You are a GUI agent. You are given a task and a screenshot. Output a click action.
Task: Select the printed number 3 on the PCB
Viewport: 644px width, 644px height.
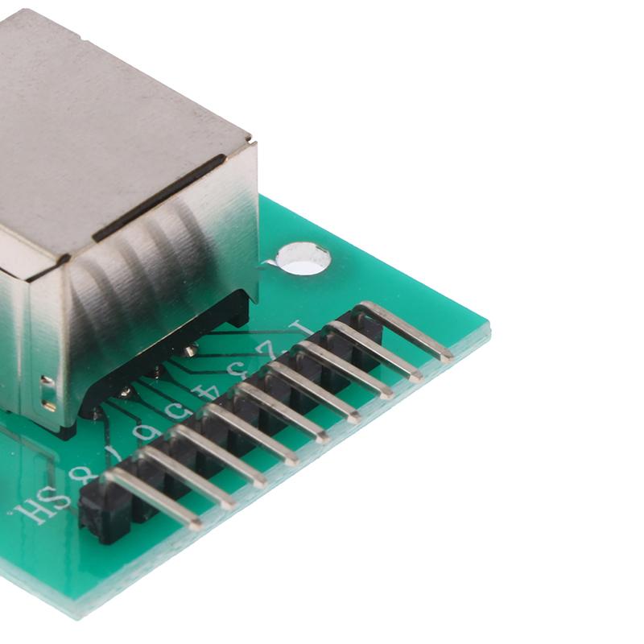coord(237,370)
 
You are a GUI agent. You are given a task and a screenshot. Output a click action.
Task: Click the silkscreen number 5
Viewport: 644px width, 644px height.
coord(174,412)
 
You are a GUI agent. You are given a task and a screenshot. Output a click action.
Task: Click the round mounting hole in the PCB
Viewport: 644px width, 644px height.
coord(303,258)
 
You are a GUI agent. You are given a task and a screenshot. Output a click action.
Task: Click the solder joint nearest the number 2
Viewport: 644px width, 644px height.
coord(190,350)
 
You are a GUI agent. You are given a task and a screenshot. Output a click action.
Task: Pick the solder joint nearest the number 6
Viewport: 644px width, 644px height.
coord(97,413)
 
